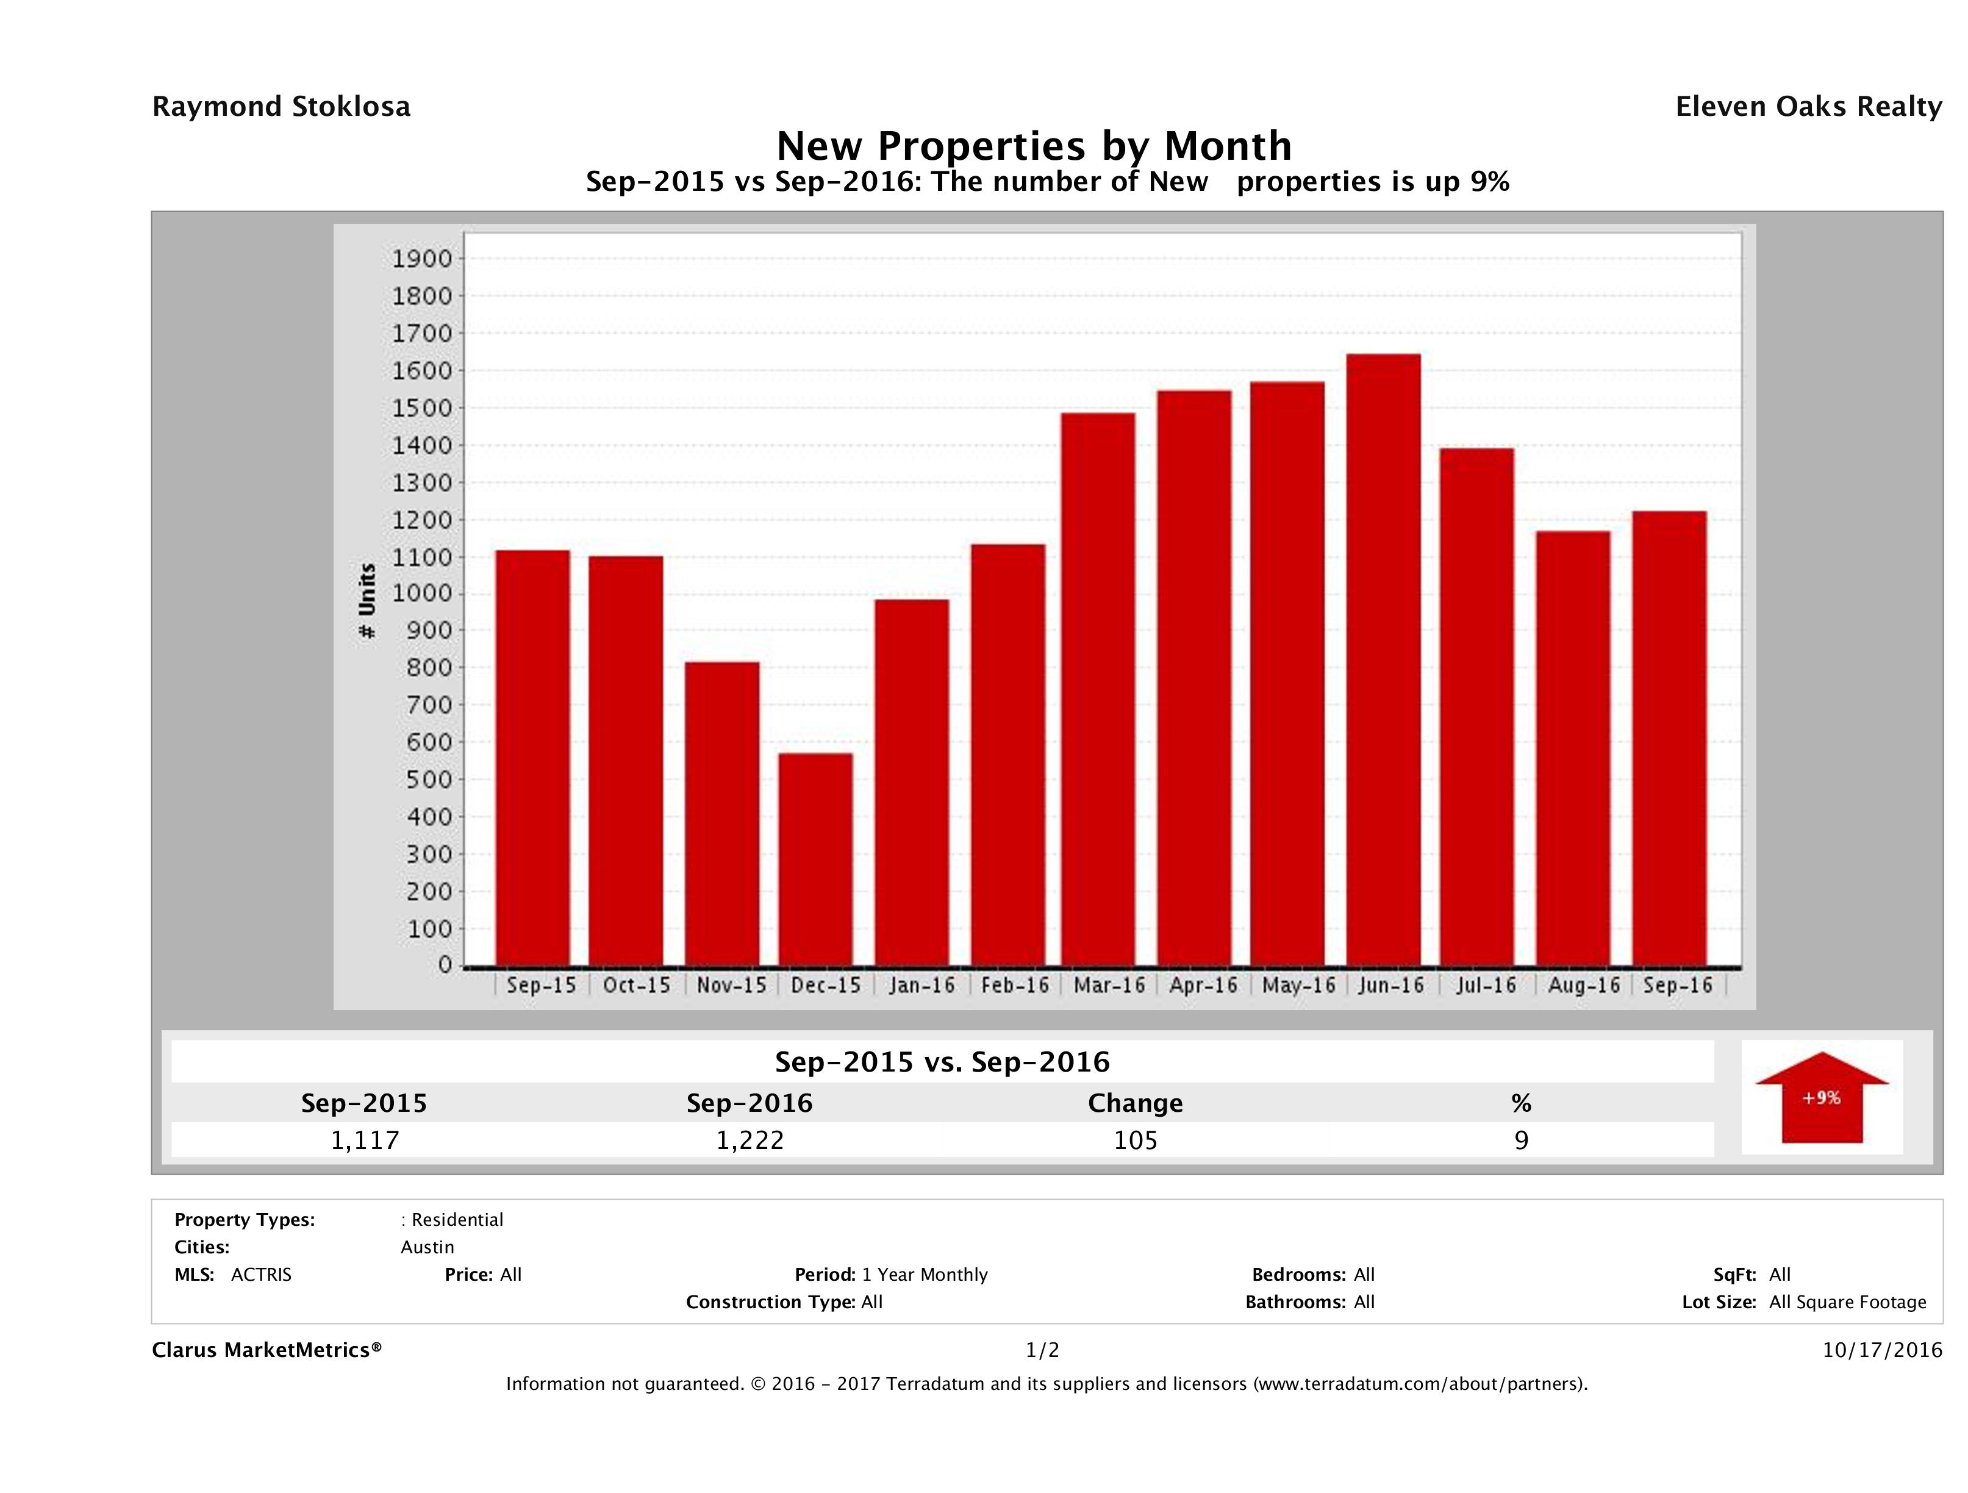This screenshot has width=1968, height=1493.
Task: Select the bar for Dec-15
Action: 815,859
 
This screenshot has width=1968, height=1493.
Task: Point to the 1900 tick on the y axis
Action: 423,259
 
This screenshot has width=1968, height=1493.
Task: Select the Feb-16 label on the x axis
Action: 1015,986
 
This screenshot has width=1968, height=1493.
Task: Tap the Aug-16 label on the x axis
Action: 1584,986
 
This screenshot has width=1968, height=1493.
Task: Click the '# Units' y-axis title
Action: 367,601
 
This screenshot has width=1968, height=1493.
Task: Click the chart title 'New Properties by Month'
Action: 1034,145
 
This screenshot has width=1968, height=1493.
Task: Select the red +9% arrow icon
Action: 1821,1097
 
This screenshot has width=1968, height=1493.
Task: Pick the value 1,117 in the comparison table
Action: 365,1140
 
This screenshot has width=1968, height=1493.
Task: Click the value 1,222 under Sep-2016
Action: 750,1140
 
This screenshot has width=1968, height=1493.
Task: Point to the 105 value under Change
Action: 1136,1140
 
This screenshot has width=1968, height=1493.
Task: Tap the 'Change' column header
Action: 1136,1103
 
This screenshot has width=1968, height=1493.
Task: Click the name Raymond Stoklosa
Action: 281,107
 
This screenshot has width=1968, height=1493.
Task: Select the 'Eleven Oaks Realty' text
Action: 1808,107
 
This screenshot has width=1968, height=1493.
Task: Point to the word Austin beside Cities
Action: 427,1247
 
